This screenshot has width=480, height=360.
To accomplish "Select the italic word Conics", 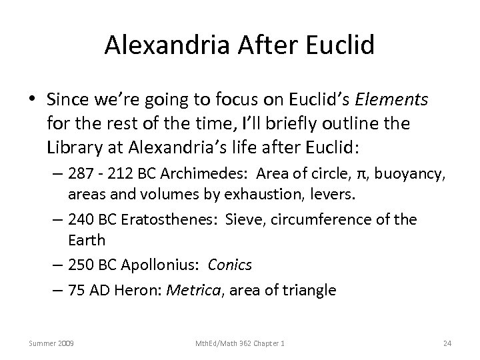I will point(230,265).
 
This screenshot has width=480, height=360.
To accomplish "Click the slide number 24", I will point(447,343).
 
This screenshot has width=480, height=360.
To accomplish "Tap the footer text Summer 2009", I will point(51,343).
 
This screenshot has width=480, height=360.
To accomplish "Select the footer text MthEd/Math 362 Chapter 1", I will point(240,343).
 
